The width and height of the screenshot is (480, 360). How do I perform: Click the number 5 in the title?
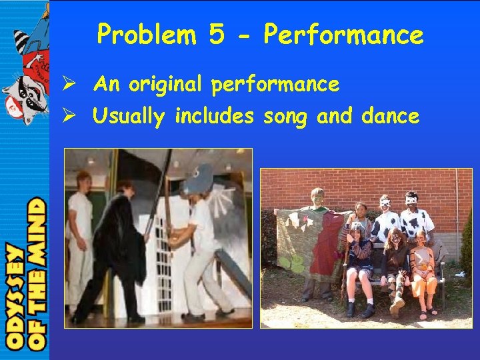[x=216, y=35]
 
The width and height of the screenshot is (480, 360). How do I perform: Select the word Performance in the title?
[x=343, y=35]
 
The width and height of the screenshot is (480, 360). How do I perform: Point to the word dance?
[x=390, y=117]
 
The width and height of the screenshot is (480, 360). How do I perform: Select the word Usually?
[x=130, y=117]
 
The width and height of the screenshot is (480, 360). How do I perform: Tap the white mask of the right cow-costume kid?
[x=411, y=199]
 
